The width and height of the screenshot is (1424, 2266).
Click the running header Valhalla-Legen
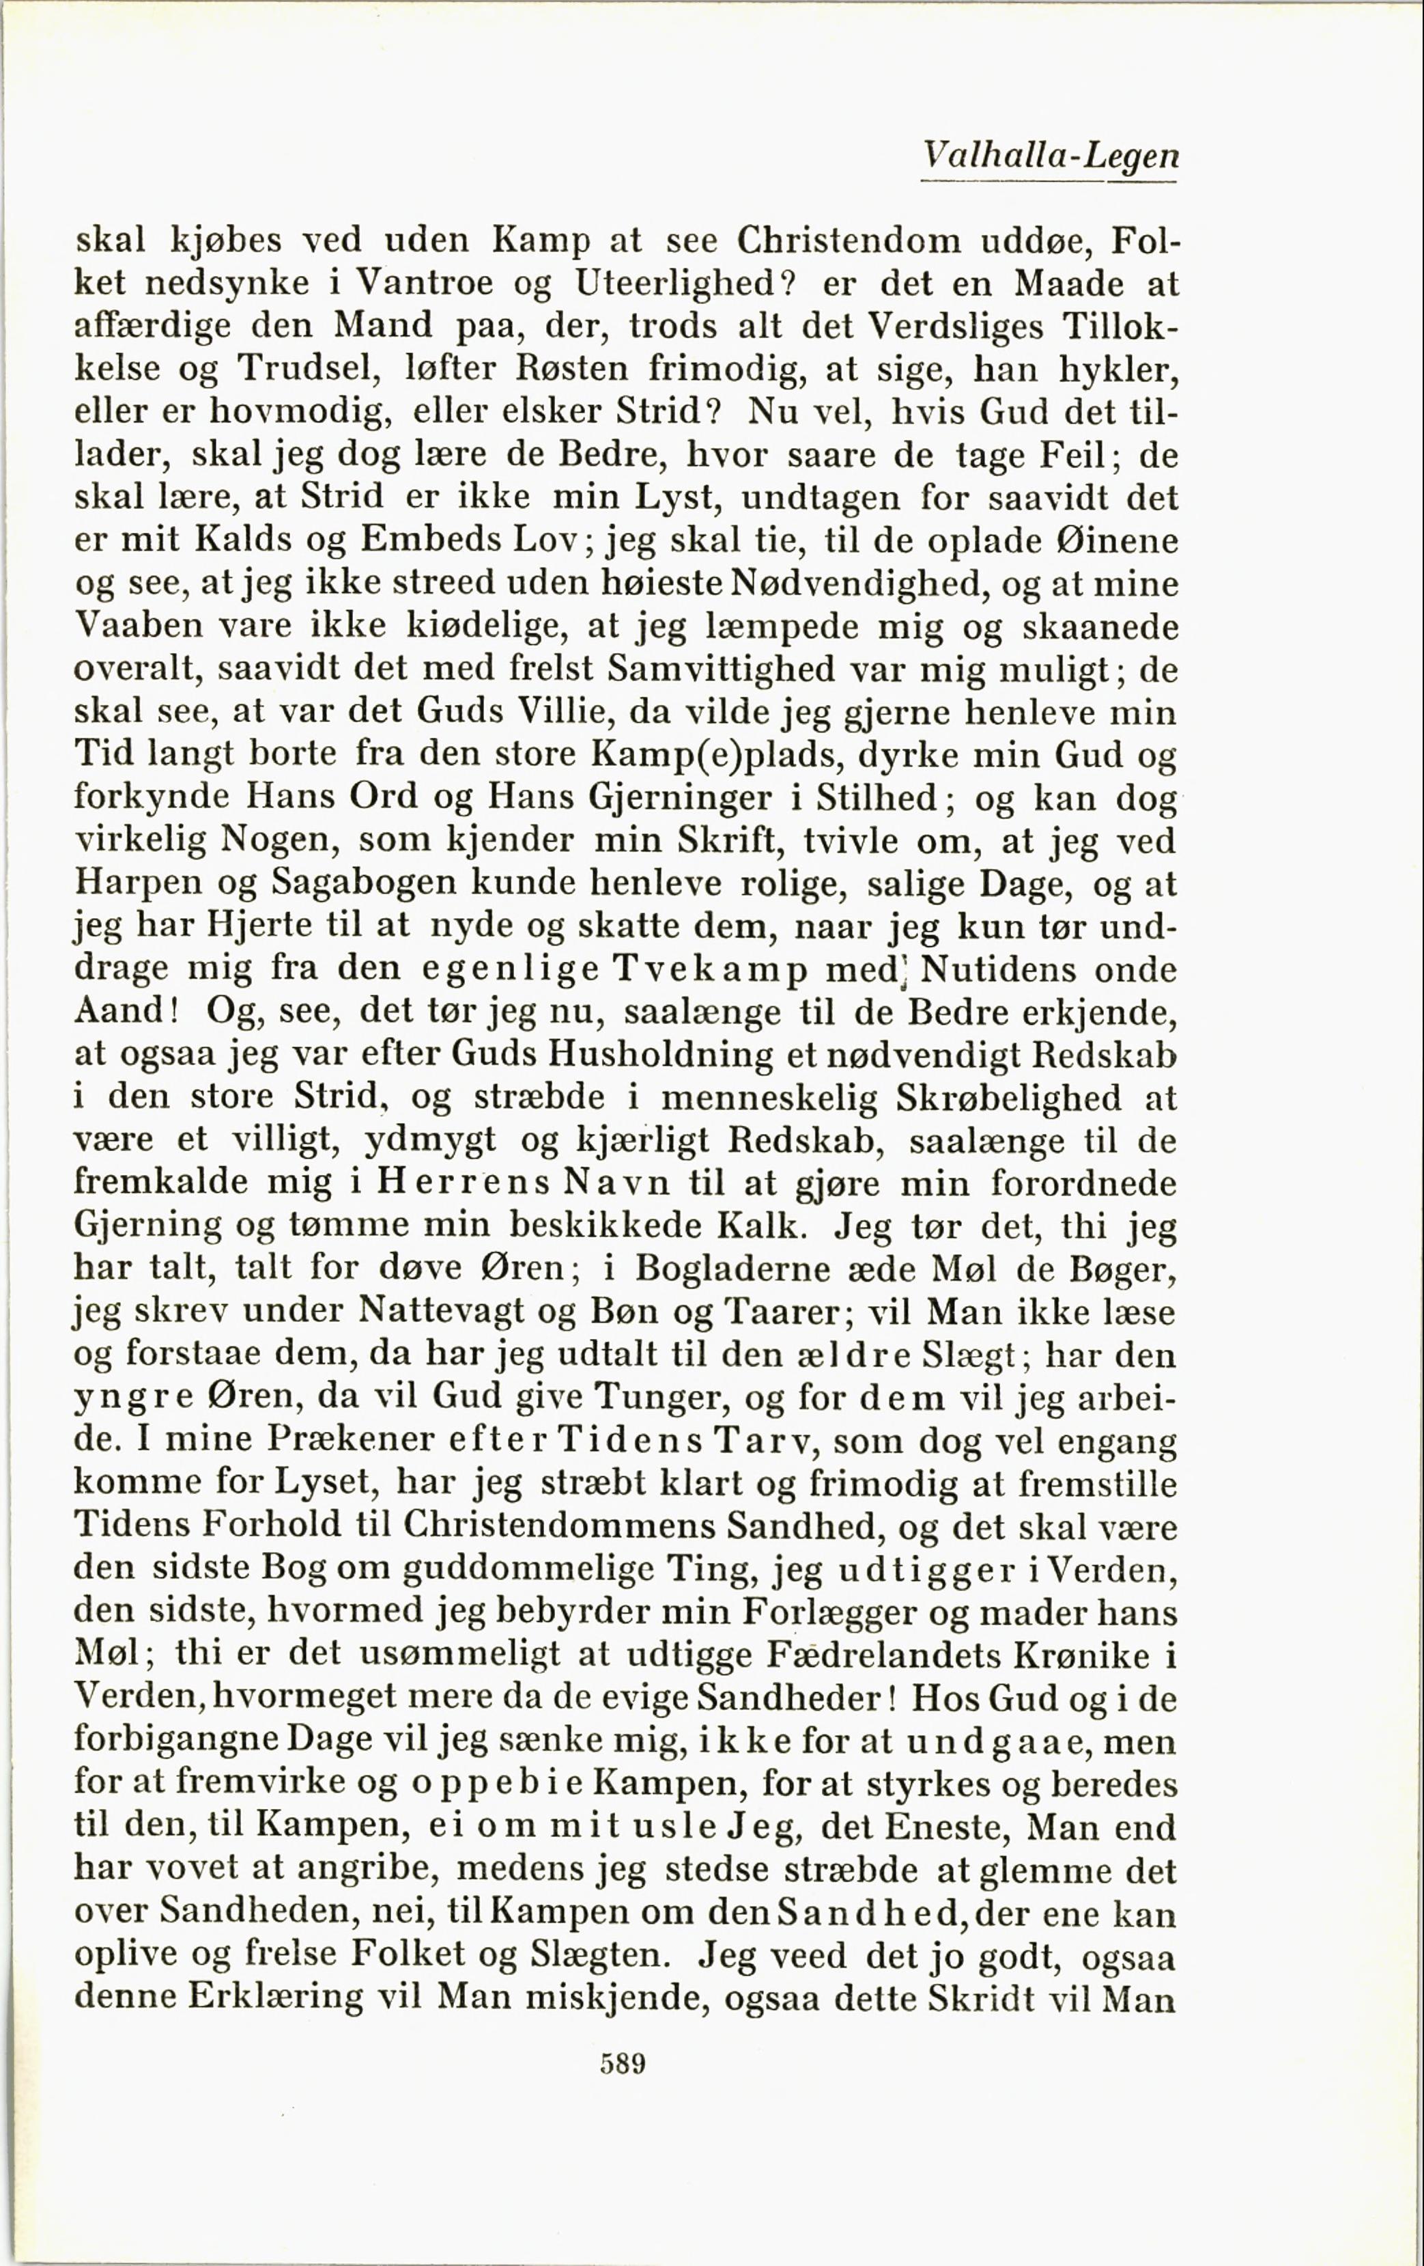(x=1050, y=155)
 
